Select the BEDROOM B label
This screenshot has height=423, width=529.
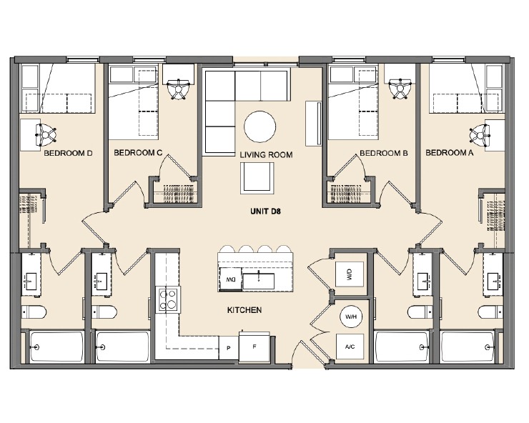[x=384, y=154]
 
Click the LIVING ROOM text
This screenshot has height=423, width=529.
[x=266, y=155]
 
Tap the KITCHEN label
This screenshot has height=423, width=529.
[x=244, y=311]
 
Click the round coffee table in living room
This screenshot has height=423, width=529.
[x=260, y=128]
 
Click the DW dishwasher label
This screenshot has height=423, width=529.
[x=230, y=279]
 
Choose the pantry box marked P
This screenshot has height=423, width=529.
[x=228, y=348]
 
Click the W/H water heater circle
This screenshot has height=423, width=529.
[x=350, y=316]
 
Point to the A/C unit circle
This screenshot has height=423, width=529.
[x=350, y=347]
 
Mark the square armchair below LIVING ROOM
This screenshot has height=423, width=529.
[x=257, y=177]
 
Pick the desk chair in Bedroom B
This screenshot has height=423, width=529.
[x=399, y=87]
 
